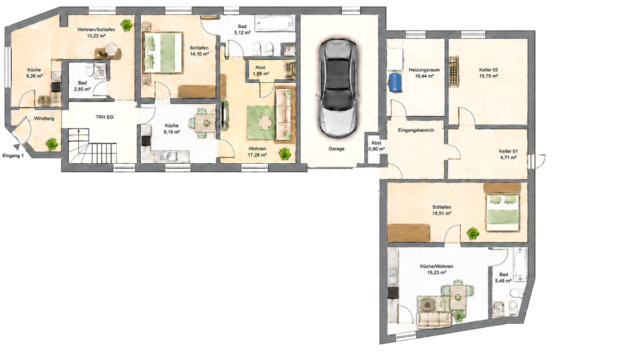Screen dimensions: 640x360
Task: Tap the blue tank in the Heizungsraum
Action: pyautogui.click(x=395, y=82)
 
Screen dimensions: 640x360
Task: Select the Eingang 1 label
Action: pyautogui.click(x=13, y=156)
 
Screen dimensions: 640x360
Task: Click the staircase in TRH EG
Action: pyautogui.click(x=92, y=146)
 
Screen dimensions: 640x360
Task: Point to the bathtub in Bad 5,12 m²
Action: pyautogui.click(x=275, y=23)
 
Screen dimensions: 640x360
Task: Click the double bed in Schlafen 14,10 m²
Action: pyautogui.click(x=162, y=53)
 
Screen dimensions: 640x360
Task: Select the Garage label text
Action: pyautogui.click(x=337, y=149)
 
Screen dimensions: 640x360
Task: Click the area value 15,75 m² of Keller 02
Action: pyautogui.click(x=489, y=76)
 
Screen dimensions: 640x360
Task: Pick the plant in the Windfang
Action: pyautogui.click(x=52, y=145)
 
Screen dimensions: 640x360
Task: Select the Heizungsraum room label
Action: pyautogui.click(x=424, y=70)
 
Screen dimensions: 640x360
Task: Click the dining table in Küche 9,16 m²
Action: pyautogui.click(x=205, y=123)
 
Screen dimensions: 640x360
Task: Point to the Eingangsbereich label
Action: pyautogui.click(x=415, y=130)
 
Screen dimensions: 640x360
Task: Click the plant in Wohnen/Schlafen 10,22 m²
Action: pyautogui.click(x=126, y=25)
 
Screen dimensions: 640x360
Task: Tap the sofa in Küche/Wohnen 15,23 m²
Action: pyautogui.click(x=434, y=321)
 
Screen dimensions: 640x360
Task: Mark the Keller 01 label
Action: pyautogui.click(x=508, y=151)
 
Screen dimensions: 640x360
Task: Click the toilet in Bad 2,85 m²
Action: pyautogui.click(x=90, y=70)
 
